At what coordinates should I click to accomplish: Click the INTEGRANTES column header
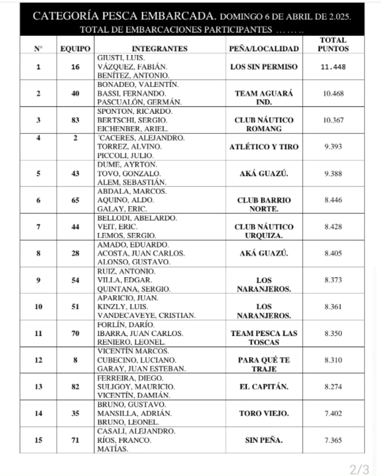point(160,49)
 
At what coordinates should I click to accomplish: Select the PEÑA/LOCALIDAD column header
point(264,49)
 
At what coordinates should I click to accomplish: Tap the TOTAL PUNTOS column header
point(333,44)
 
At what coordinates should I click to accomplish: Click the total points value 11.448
point(333,67)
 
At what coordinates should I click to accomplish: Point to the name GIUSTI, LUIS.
point(121,58)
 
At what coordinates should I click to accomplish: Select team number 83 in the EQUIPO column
point(75,120)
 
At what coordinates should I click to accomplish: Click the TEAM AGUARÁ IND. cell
point(264,98)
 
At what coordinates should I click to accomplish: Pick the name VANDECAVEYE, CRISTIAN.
point(147,315)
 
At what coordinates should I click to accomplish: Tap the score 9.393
point(333,147)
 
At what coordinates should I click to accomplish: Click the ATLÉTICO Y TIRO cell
point(264,147)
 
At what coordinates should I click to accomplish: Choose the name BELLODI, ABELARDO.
point(137,218)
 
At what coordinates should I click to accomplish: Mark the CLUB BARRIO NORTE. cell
point(264,204)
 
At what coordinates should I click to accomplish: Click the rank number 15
point(38,440)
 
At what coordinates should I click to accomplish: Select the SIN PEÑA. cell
point(264,440)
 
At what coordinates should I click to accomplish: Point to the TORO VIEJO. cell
point(264,413)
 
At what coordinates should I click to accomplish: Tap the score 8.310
point(333,360)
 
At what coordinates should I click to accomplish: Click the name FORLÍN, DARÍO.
point(126,324)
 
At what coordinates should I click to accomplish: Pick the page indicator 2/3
point(359,470)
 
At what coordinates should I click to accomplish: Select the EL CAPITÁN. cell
point(264,387)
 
